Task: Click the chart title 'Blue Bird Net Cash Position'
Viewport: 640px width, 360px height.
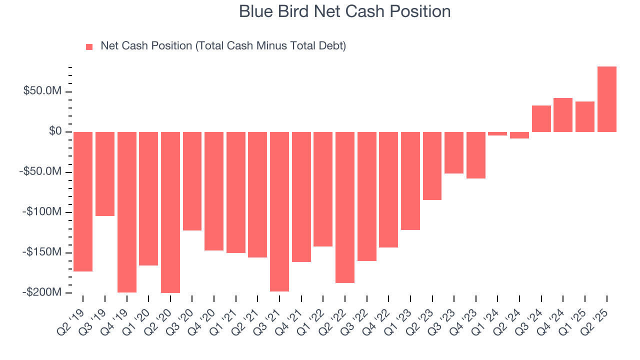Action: click(x=344, y=11)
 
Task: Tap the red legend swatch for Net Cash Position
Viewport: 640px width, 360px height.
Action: click(x=89, y=46)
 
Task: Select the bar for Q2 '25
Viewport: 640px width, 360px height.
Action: click(x=606, y=99)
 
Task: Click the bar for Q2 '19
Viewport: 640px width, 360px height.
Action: click(x=82, y=201)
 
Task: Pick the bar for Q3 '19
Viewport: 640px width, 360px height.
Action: click(x=104, y=174)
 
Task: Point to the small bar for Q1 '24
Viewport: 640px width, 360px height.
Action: click(x=497, y=133)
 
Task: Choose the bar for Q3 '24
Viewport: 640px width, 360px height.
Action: click(x=541, y=119)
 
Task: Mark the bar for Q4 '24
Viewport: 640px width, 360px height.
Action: click(x=563, y=115)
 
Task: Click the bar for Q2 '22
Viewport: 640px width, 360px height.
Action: click(x=344, y=207)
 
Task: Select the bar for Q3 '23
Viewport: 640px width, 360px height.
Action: click(x=454, y=152)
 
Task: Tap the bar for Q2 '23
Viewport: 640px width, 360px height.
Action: click(x=432, y=166)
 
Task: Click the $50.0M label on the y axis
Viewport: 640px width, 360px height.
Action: click(x=42, y=91)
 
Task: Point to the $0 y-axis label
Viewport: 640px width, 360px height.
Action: click(x=55, y=131)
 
